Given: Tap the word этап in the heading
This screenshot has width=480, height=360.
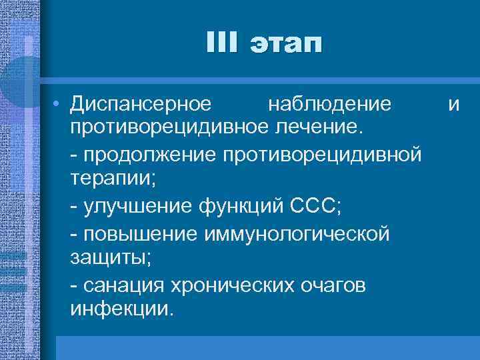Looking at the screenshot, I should (x=285, y=45).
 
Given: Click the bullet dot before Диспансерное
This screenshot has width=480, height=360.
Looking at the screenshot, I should (x=59, y=104).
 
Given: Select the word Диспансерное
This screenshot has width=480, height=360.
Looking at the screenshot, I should (x=141, y=104).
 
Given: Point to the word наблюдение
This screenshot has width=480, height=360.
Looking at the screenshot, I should (x=329, y=104).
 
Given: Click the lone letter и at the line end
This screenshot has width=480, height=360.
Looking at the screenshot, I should (x=454, y=105).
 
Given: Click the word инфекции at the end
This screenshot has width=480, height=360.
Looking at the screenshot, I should (x=121, y=311).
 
